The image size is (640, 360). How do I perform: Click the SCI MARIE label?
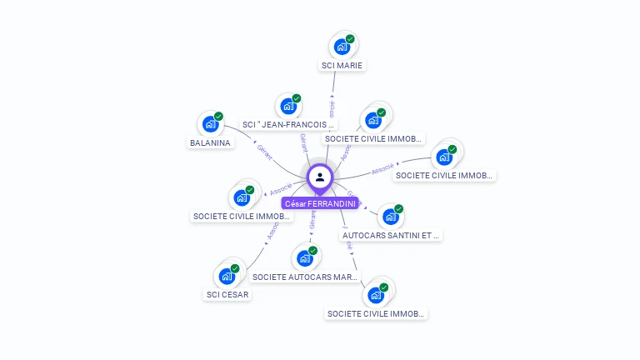(x=343, y=65)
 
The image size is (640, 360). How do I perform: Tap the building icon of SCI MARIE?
(x=342, y=47)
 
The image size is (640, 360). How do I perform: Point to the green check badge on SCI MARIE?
(x=350, y=39)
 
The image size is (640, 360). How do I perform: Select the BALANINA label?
(x=211, y=142)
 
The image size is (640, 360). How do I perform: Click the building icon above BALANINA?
(x=210, y=125)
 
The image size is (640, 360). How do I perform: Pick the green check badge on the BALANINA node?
(x=218, y=117)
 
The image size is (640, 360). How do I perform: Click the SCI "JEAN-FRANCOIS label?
(x=288, y=124)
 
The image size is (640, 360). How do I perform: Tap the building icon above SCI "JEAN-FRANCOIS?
(x=288, y=107)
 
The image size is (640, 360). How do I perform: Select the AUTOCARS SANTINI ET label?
(x=391, y=235)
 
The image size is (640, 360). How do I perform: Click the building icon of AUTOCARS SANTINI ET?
(x=390, y=217)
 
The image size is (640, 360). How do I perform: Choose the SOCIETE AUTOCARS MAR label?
(x=304, y=277)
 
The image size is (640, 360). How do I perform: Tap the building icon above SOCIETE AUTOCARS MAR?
(x=304, y=258)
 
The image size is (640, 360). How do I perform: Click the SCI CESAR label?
(x=227, y=294)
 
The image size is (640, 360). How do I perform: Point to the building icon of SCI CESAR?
(x=227, y=277)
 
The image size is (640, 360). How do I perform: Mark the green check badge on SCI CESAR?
(x=235, y=268)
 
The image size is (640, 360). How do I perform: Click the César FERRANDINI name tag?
(x=320, y=203)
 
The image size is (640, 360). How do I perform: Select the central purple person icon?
(x=320, y=177)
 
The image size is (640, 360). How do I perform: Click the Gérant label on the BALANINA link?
(x=264, y=152)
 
